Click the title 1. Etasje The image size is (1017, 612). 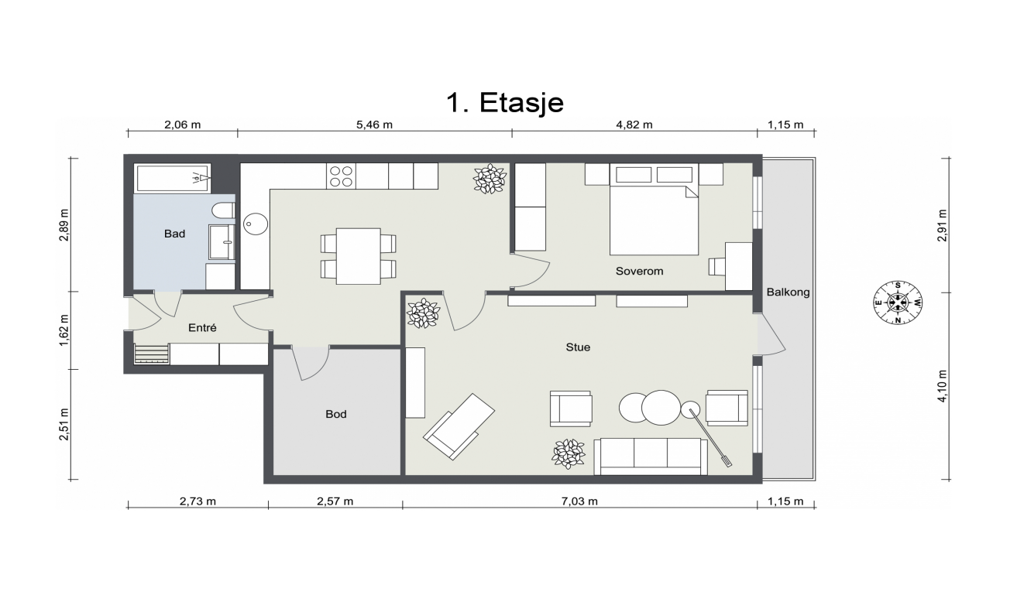click(504, 102)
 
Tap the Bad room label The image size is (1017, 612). click(174, 233)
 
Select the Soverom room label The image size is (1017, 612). click(639, 272)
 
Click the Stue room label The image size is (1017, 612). click(578, 347)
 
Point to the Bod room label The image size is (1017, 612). click(335, 415)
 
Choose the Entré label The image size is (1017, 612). click(202, 328)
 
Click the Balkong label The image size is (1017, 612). click(788, 292)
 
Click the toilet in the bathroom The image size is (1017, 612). click(222, 211)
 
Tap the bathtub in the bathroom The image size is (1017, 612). click(173, 178)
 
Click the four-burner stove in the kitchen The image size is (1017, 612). click(342, 176)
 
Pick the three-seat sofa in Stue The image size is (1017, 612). click(650, 456)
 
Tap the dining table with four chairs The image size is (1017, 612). click(358, 255)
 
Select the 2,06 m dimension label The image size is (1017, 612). click(183, 125)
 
